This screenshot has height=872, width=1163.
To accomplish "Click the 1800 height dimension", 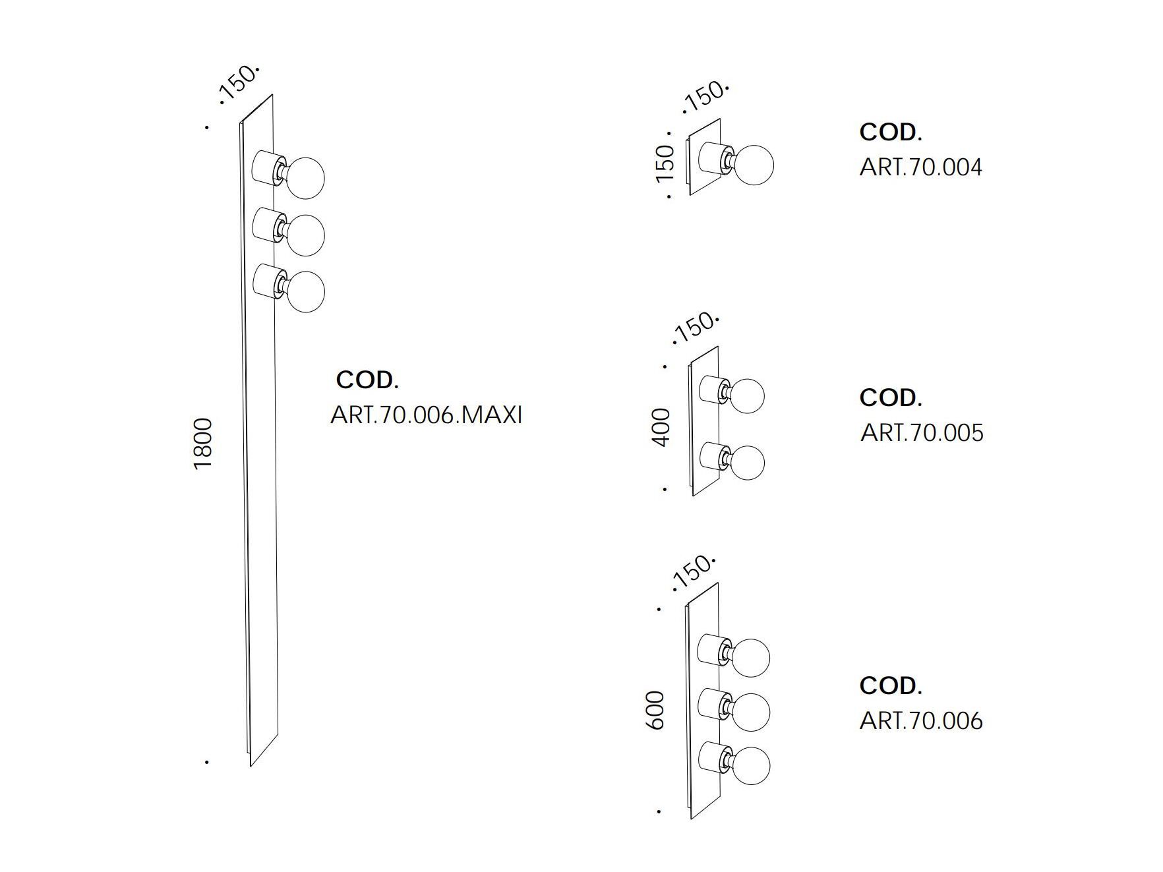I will pyautogui.click(x=204, y=443).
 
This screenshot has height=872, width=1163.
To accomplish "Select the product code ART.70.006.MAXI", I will pyautogui.click(x=426, y=415).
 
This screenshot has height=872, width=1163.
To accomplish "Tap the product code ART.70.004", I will pyautogui.click(x=920, y=167).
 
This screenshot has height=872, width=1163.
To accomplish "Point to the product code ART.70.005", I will pyautogui.click(x=922, y=433).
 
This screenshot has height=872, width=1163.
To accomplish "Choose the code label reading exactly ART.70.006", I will pyautogui.click(x=920, y=720).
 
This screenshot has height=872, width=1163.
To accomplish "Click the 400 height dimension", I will pyautogui.click(x=661, y=427).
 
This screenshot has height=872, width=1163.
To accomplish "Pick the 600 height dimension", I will pyautogui.click(x=655, y=710).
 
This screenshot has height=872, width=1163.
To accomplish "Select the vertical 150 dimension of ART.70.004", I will pyautogui.click(x=665, y=163).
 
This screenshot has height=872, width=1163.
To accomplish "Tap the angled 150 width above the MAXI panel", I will pyautogui.click(x=238, y=83).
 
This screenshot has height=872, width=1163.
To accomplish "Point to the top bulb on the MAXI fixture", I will pyautogui.click(x=305, y=177).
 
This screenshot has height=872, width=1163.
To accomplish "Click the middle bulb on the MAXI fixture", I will pyautogui.click(x=305, y=234).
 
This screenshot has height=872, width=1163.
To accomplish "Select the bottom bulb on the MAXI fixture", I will pyautogui.click(x=305, y=291).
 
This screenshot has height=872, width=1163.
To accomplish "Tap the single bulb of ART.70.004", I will pyautogui.click(x=754, y=165).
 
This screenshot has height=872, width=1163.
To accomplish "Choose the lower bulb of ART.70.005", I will pyautogui.click(x=746, y=463).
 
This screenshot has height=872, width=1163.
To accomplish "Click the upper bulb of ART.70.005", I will pyautogui.click(x=746, y=395).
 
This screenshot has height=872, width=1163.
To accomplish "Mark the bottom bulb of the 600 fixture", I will pyautogui.click(x=750, y=767).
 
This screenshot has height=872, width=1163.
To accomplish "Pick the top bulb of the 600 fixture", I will pyautogui.click(x=750, y=657).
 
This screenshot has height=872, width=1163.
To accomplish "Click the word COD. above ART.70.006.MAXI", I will pyautogui.click(x=367, y=380).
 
